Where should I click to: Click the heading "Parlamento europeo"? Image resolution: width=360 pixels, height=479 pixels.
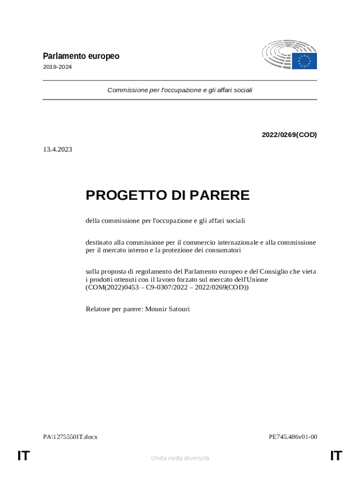click(81, 56)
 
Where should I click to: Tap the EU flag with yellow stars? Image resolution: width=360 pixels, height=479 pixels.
click(304, 61)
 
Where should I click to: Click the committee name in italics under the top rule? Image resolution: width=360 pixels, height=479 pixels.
click(180, 90)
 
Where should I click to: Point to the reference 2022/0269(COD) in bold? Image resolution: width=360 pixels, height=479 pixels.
click(289, 135)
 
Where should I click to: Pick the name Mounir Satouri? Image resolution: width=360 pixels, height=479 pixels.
click(167, 309)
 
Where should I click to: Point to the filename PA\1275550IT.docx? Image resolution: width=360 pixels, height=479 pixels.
click(71, 437)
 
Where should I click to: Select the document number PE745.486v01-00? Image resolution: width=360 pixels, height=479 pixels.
click(293, 437)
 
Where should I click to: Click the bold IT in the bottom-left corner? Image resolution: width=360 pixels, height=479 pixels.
click(24, 456)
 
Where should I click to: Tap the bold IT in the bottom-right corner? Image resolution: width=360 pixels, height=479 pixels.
click(336, 456)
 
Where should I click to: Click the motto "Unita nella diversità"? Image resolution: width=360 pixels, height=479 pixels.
click(180, 458)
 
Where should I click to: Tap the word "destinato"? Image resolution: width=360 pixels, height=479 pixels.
click(99, 242)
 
